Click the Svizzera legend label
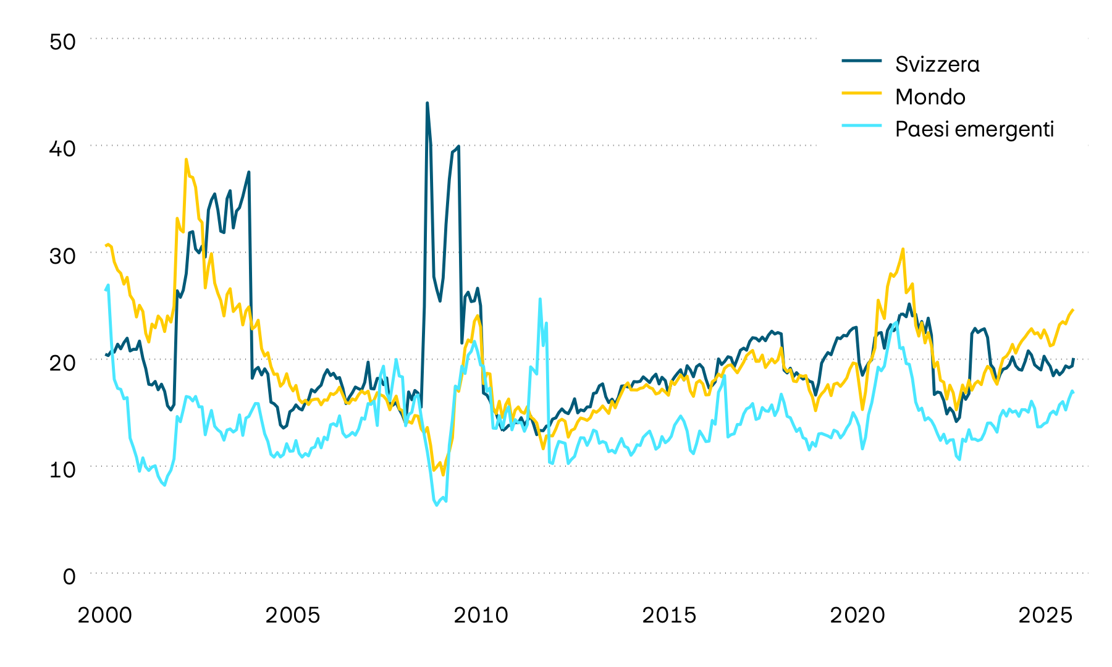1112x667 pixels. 937,64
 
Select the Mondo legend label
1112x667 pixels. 930,97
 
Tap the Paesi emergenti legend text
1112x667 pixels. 974,130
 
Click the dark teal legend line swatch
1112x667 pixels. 862,61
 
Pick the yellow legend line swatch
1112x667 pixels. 862,93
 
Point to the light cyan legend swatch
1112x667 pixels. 862,125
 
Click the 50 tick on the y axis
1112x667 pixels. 62,42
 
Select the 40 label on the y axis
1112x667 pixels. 62,149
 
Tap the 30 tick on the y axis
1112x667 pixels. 62,256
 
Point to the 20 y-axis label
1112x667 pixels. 62,363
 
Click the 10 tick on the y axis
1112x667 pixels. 62,469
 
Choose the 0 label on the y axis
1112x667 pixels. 69,577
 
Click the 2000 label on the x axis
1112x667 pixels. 104,616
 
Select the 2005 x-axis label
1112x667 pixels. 293,616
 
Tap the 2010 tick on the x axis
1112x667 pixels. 481,616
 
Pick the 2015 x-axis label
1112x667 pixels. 669,616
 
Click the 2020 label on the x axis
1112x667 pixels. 857,616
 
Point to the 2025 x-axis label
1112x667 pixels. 1045,616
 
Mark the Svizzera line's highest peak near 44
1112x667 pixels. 427,103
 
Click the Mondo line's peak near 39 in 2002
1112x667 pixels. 186,159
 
